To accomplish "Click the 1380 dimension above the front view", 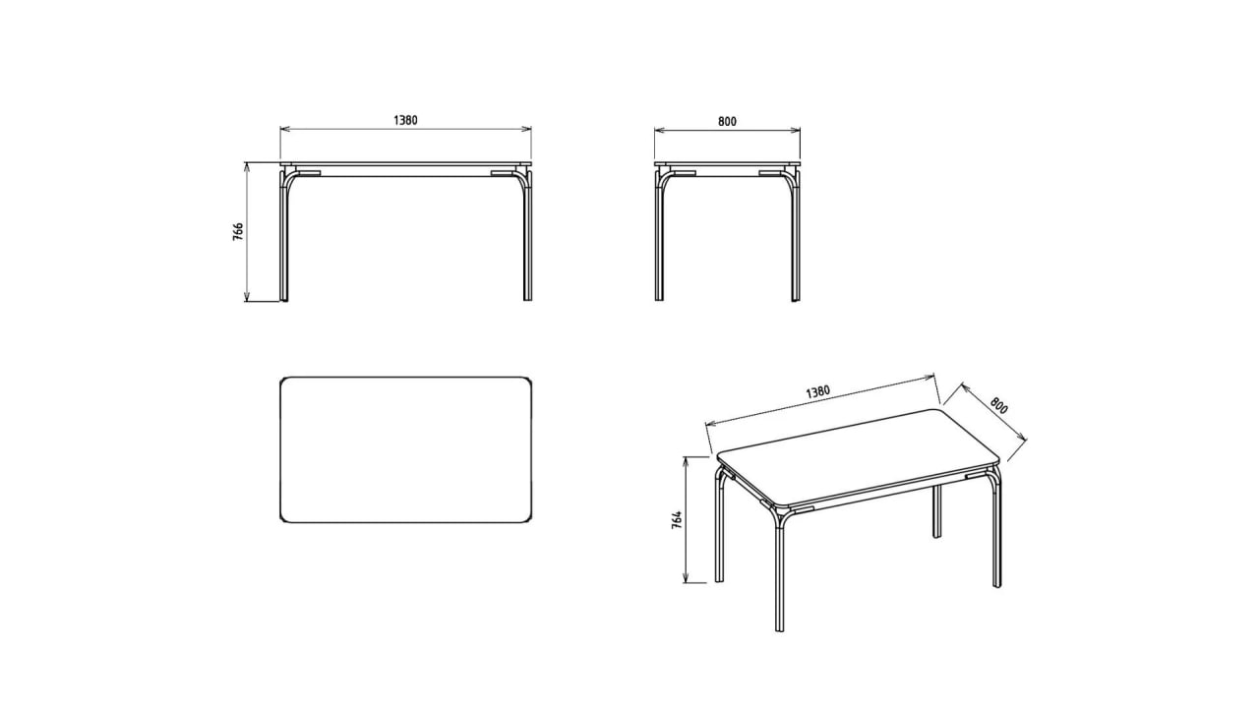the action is pos(405,120).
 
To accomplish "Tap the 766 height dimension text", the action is pos(238,231).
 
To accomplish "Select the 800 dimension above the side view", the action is pos(727,121).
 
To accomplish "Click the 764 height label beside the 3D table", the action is pos(678,520).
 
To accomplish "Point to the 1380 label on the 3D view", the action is pos(817,391).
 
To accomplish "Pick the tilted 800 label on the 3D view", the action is pos(998,406).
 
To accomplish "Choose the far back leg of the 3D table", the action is pos(937,511).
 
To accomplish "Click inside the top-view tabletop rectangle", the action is pos(406,449).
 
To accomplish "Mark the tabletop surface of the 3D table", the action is pos(857,454).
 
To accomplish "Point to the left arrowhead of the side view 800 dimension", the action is pos(659,131).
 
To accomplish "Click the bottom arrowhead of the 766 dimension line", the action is pos(246,297).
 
